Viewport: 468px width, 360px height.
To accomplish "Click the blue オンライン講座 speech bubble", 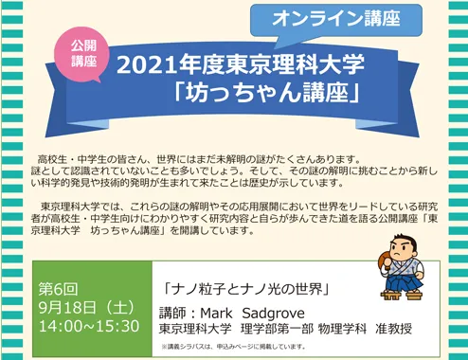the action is point(336,21).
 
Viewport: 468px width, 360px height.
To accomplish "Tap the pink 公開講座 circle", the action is point(84,54).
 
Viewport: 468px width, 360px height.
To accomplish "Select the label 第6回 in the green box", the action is point(58,289).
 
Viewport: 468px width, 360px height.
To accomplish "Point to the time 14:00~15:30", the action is point(89,326).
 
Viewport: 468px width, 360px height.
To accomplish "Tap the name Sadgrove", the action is point(274,314).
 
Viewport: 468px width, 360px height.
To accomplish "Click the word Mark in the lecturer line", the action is point(216,314).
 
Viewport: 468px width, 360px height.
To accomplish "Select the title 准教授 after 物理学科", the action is point(394,329).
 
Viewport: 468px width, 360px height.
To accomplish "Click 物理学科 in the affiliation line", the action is point(342,329).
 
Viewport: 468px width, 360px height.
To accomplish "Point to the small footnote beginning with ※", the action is point(234,347).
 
